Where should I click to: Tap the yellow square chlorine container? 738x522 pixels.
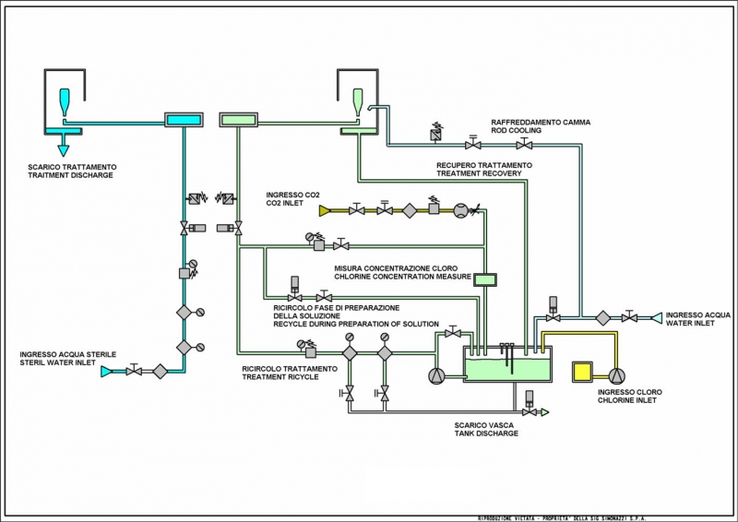click(583, 372)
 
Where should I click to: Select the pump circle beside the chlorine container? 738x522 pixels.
click(616, 374)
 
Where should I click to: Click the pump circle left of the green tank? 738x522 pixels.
click(436, 375)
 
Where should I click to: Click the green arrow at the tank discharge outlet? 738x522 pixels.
click(543, 412)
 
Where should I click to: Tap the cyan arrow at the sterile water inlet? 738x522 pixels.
click(106, 371)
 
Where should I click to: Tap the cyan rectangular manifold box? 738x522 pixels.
click(183, 119)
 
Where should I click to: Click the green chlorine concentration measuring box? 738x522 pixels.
click(484, 279)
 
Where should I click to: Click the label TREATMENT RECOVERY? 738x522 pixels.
click(479, 173)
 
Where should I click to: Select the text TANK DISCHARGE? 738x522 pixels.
click(486, 433)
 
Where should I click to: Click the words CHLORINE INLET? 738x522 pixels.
click(630, 400)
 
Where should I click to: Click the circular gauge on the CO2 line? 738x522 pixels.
click(459, 210)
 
